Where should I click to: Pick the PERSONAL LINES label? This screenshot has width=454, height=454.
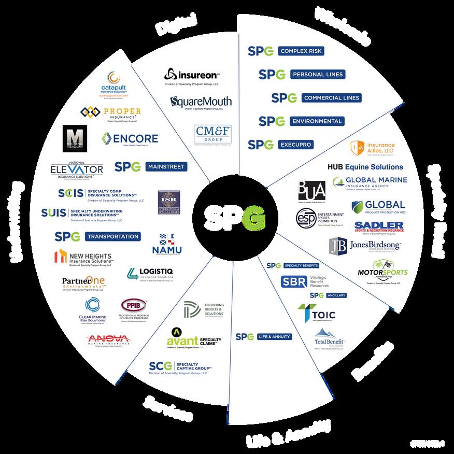tap(317, 74)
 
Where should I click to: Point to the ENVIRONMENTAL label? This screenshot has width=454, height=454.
tap(316, 121)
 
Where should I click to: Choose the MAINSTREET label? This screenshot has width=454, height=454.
tap(164, 167)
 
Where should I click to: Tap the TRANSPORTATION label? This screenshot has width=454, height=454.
tap(112, 236)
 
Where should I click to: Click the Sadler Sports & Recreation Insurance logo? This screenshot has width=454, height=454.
tap(379, 226)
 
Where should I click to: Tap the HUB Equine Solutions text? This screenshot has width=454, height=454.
tap(365, 167)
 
